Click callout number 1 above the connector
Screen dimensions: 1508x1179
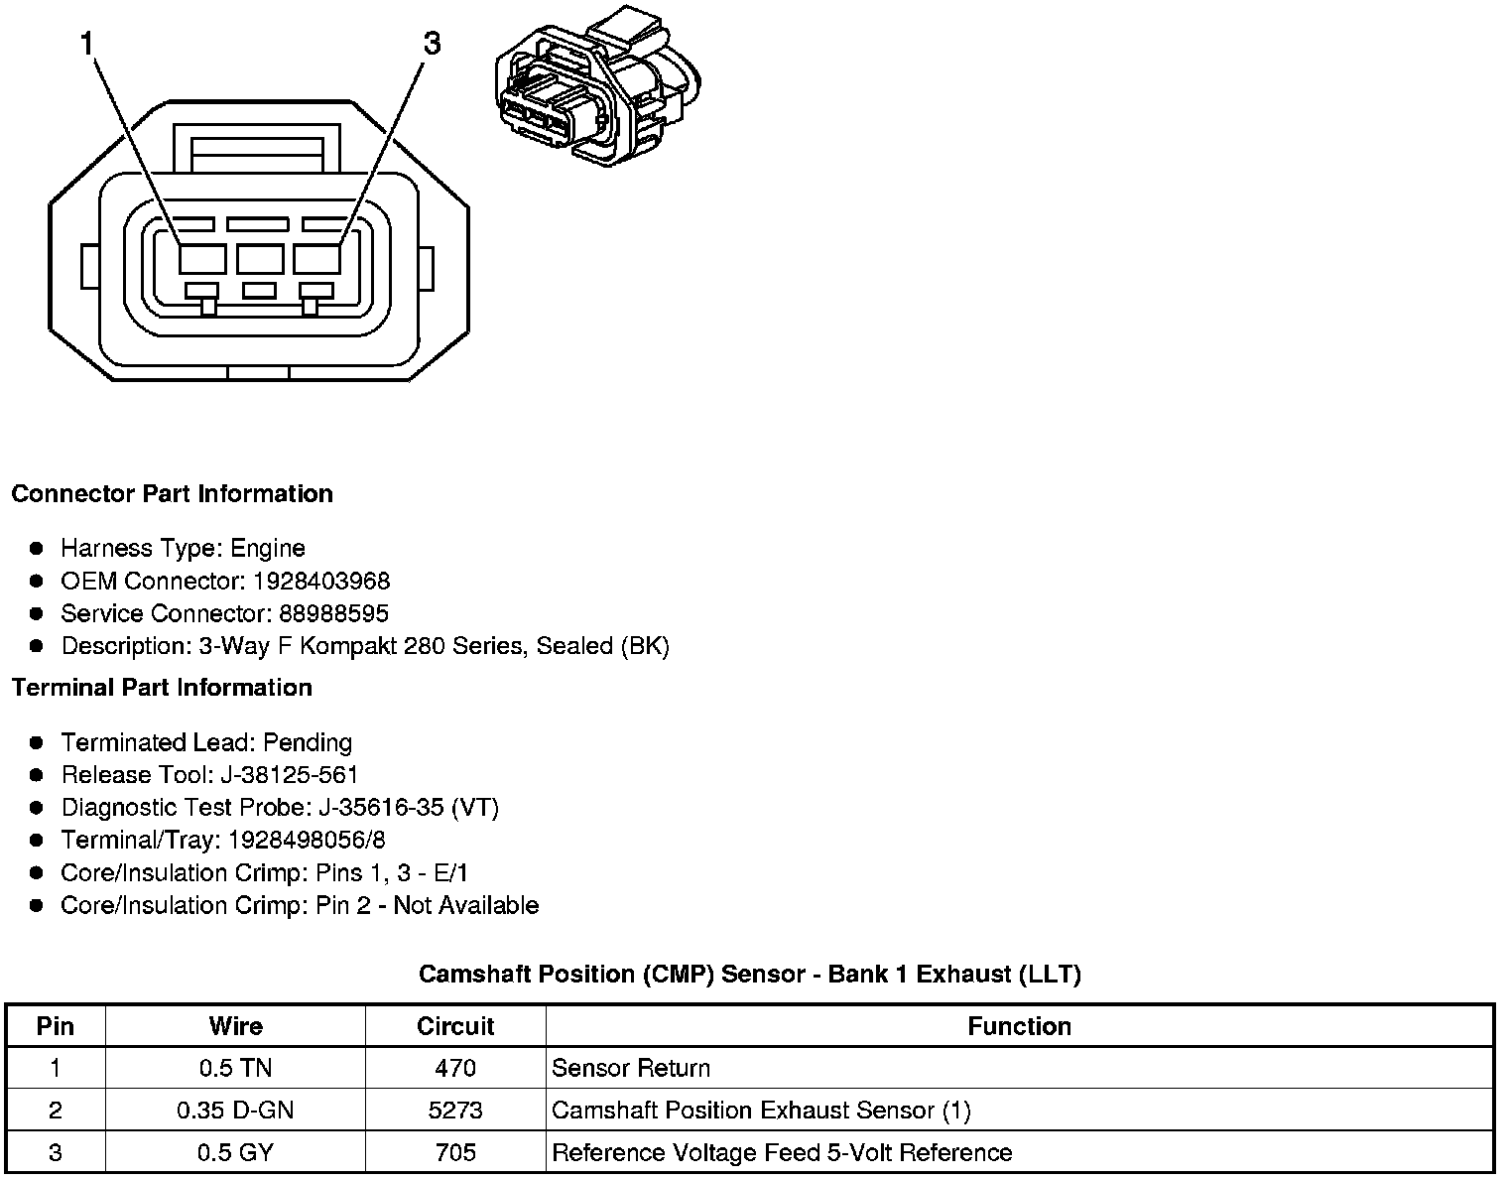coord(88,44)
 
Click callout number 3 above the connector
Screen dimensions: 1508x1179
coord(432,44)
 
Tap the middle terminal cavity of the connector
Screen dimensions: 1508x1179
coord(260,259)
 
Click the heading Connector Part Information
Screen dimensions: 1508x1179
coord(172,494)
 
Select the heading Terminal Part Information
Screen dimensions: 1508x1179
coord(162,688)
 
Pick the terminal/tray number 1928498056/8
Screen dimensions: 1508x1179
coord(307,841)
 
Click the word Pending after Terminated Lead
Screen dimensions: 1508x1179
coord(308,742)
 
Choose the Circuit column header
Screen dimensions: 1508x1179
coord(455,1026)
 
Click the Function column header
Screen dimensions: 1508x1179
coord(1019,1026)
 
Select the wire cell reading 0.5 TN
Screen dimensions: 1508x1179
coord(235,1068)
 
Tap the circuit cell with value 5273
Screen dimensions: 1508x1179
coord(455,1110)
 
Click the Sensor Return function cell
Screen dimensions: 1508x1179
coord(631,1068)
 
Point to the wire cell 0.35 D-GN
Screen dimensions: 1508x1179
coord(235,1110)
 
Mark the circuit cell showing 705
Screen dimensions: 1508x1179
coord(455,1152)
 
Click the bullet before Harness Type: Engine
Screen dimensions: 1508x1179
coord(37,548)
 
